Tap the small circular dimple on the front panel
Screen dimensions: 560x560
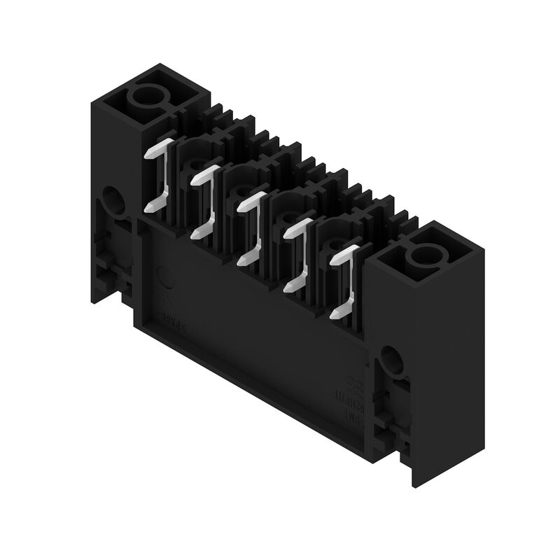coord(165,277)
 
